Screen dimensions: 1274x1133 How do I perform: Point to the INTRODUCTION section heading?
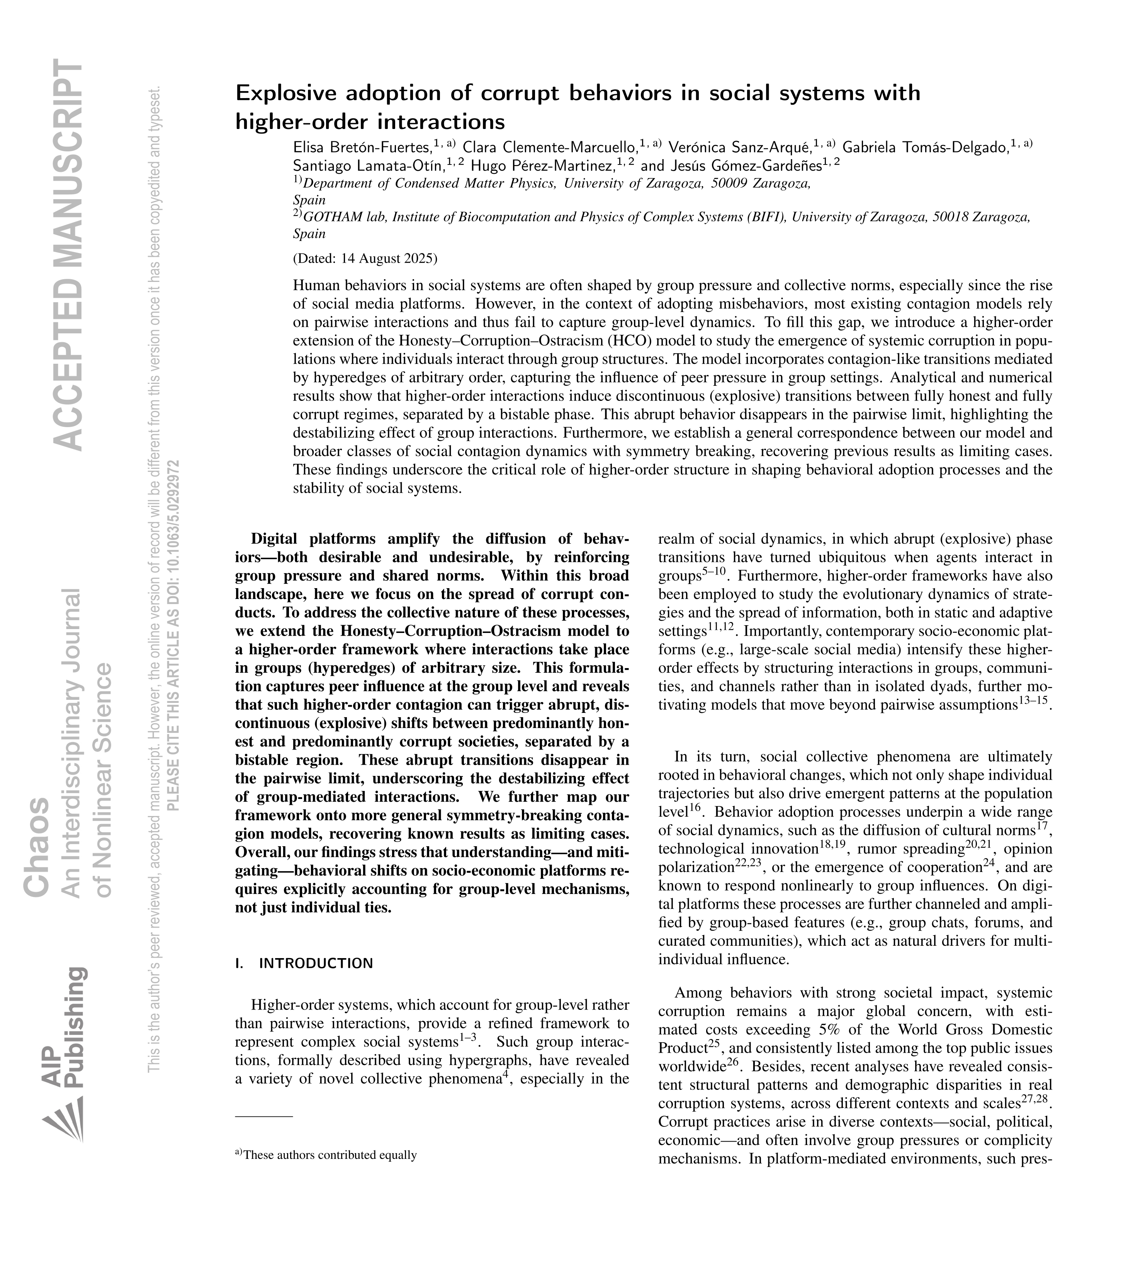point(316,964)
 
